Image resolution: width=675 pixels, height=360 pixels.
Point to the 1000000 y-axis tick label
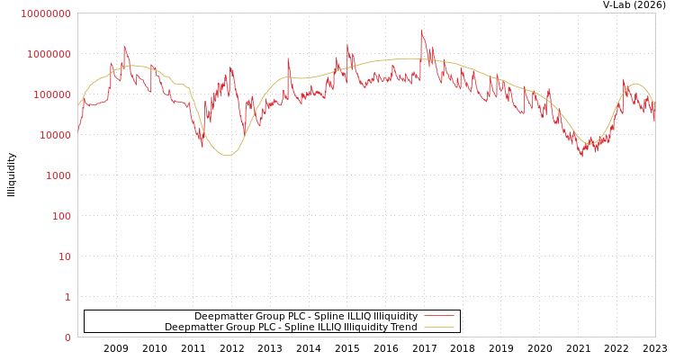coord(49,54)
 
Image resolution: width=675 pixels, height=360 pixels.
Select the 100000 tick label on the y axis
coord(51,94)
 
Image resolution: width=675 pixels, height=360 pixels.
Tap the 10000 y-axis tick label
coord(54,135)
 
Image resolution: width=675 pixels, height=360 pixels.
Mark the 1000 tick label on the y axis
coord(58,175)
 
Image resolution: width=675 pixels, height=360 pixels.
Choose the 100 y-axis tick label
coord(60,216)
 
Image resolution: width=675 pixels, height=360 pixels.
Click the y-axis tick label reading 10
coord(64,256)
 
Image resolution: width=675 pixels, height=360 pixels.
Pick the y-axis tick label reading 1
coord(67,297)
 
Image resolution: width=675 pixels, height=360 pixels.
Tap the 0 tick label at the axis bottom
coord(67,337)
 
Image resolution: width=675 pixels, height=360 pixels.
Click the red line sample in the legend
coord(438,316)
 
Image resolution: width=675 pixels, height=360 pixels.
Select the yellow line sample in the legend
coord(438,327)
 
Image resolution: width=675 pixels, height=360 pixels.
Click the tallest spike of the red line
coord(421,30)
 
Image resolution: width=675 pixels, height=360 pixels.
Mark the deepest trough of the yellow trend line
coord(228,156)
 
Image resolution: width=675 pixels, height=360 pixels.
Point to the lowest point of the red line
coord(581,157)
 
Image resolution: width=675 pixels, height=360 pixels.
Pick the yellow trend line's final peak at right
coord(635,84)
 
